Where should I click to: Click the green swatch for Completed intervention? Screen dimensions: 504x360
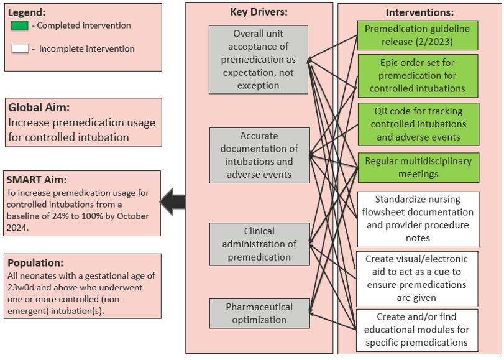tap(20, 25)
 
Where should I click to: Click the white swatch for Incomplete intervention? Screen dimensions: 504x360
tap(20, 48)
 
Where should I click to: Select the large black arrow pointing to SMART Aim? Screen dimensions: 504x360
tap(173, 202)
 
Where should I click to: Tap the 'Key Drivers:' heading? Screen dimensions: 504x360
tap(259, 12)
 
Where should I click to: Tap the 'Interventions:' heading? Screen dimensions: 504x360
tap(419, 12)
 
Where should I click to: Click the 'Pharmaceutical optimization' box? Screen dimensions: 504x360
tap(260, 313)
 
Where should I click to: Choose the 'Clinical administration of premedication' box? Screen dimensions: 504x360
tap(260, 244)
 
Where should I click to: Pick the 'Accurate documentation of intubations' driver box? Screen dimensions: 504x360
tap(260, 155)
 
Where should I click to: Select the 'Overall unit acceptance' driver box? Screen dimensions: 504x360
tap(259, 60)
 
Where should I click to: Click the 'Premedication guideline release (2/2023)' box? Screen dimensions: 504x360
tap(418, 35)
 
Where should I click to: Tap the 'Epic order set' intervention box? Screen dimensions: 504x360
tap(418, 76)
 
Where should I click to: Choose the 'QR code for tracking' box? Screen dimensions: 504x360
tap(418, 124)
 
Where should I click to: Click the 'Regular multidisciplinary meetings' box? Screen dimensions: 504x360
tap(418, 168)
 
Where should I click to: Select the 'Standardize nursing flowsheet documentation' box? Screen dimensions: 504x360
tap(418, 219)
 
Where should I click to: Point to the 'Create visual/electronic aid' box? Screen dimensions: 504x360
tap(417, 279)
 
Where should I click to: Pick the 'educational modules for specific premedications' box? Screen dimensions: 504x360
tap(417, 330)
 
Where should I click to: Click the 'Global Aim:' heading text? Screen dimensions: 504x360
tap(39, 108)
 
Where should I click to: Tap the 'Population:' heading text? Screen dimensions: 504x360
tap(35, 263)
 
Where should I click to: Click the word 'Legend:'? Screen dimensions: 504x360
tap(27, 12)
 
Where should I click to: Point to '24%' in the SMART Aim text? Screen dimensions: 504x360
tap(60, 216)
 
